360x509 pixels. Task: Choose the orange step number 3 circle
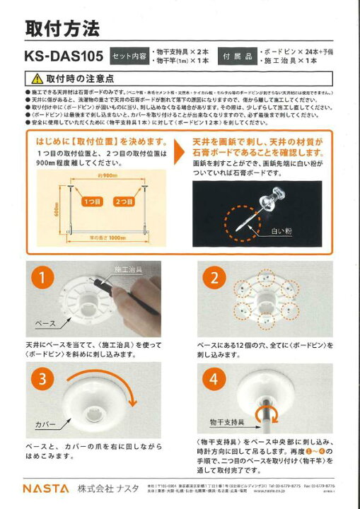[x=42, y=379]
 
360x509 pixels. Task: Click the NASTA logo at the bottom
[x=45, y=488]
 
